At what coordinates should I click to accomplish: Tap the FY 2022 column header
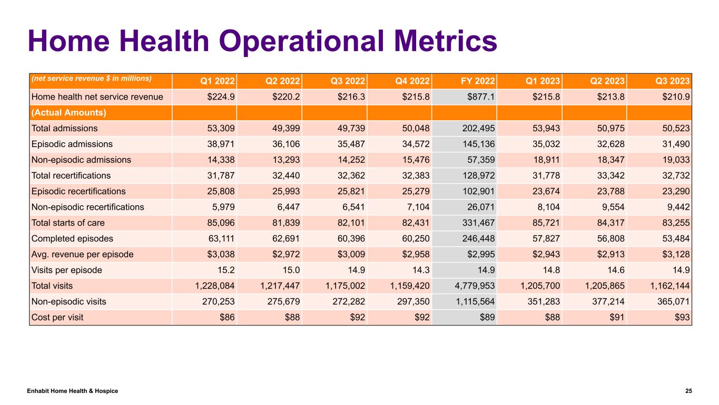(x=477, y=81)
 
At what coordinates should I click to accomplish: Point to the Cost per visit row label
(x=57, y=317)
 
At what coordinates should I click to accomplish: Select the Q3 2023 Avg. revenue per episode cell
(x=676, y=254)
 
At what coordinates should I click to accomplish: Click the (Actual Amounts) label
(x=69, y=113)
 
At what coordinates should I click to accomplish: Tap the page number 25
(x=688, y=391)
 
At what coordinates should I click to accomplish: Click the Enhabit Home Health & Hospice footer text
(x=73, y=391)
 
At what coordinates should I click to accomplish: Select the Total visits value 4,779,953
(x=475, y=286)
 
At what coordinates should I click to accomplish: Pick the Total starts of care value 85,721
(x=546, y=223)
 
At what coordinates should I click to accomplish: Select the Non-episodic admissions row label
(x=81, y=160)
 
